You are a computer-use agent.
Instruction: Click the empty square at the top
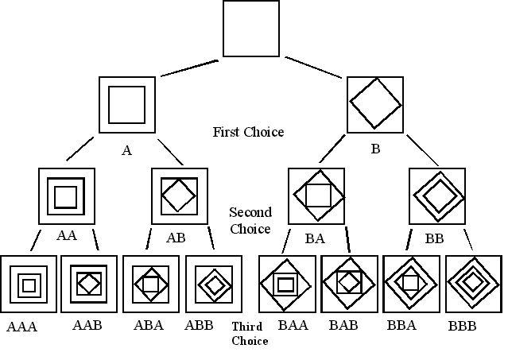coord(250,29)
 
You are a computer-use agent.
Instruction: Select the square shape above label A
coord(126,104)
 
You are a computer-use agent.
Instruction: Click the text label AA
coord(67,236)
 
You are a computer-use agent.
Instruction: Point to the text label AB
coord(176,238)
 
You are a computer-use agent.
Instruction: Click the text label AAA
coord(22,326)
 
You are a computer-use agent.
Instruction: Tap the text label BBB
coord(463,326)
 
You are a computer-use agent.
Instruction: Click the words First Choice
coord(248,132)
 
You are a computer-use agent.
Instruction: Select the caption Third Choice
coord(250,334)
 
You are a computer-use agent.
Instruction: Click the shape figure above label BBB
coord(474,283)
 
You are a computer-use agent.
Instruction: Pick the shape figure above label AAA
coord(29,284)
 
